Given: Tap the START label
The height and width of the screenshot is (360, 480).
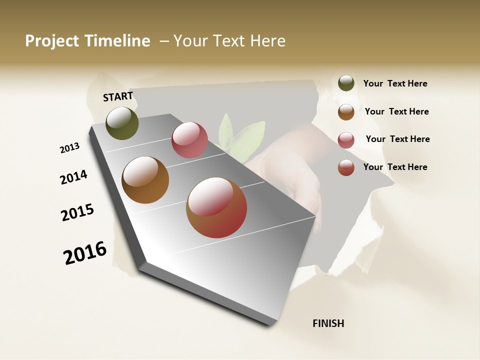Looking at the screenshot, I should pyautogui.click(x=118, y=96).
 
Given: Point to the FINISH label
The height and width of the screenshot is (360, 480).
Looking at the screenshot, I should pyautogui.click(x=328, y=323).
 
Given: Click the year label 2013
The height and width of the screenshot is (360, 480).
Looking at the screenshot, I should pyautogui.click(x=69, y=148).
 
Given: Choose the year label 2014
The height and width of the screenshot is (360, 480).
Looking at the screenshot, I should pyautogui.click(x=73, y=177).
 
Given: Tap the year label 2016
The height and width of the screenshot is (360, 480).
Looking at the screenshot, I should pyautogui.click(x=85, y=253).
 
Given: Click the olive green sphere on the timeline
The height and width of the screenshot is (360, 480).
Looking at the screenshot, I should pyautogui.click(x=122, y=123).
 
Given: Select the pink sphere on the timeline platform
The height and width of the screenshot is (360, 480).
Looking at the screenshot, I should pyautogui.click(x=189, y=140).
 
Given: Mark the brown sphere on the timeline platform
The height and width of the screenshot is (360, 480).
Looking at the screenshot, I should pyautogui.click(x=145, y=180).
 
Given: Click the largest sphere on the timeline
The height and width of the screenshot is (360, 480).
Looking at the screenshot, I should pyautogui.click(x=216, y=207).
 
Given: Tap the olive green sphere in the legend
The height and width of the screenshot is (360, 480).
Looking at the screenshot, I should pyautogui.click(x=346, y=83).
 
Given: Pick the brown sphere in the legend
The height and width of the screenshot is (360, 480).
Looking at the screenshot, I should pyautogui.click(x=346, y=112).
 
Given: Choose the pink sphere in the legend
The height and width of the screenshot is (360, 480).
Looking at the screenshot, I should pyautogui.click(x=346, y=140).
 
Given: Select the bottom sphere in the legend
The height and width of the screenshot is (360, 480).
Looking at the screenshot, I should pyautogui.click(x=346, y=167).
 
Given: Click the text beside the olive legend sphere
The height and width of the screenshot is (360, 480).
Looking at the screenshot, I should pyautogui.click(x=395, y=84).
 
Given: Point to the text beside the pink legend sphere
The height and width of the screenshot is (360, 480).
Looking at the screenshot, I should pyautogui.click(x=397, y=139).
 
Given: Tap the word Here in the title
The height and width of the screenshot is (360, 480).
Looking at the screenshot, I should pyautogui.click(x=267, y=41).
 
